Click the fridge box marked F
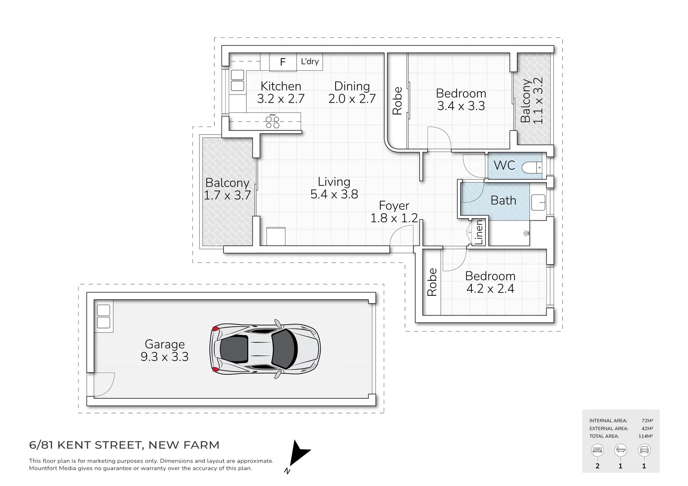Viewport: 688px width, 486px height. click(283, 62)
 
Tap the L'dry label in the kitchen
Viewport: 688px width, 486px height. click(310, 62)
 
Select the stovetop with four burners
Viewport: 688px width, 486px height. click(273, 121)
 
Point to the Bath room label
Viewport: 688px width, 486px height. click(503, 200)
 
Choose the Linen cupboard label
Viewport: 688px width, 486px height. click(479, 232)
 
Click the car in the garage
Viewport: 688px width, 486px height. click(265, 348)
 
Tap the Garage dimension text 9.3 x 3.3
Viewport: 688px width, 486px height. click(164, 357)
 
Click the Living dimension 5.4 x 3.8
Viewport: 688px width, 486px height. click(334, 194)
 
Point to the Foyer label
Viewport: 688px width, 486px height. click(394, 206)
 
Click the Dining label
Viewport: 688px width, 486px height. click(352, 86)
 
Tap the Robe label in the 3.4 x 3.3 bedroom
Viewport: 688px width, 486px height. click(397, 101)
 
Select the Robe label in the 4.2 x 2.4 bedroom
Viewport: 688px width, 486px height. click(432, 282)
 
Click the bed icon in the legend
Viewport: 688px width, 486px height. click(597, 450)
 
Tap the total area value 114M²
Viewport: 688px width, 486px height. click(645, 436)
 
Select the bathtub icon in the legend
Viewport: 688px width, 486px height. click(621, 450)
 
